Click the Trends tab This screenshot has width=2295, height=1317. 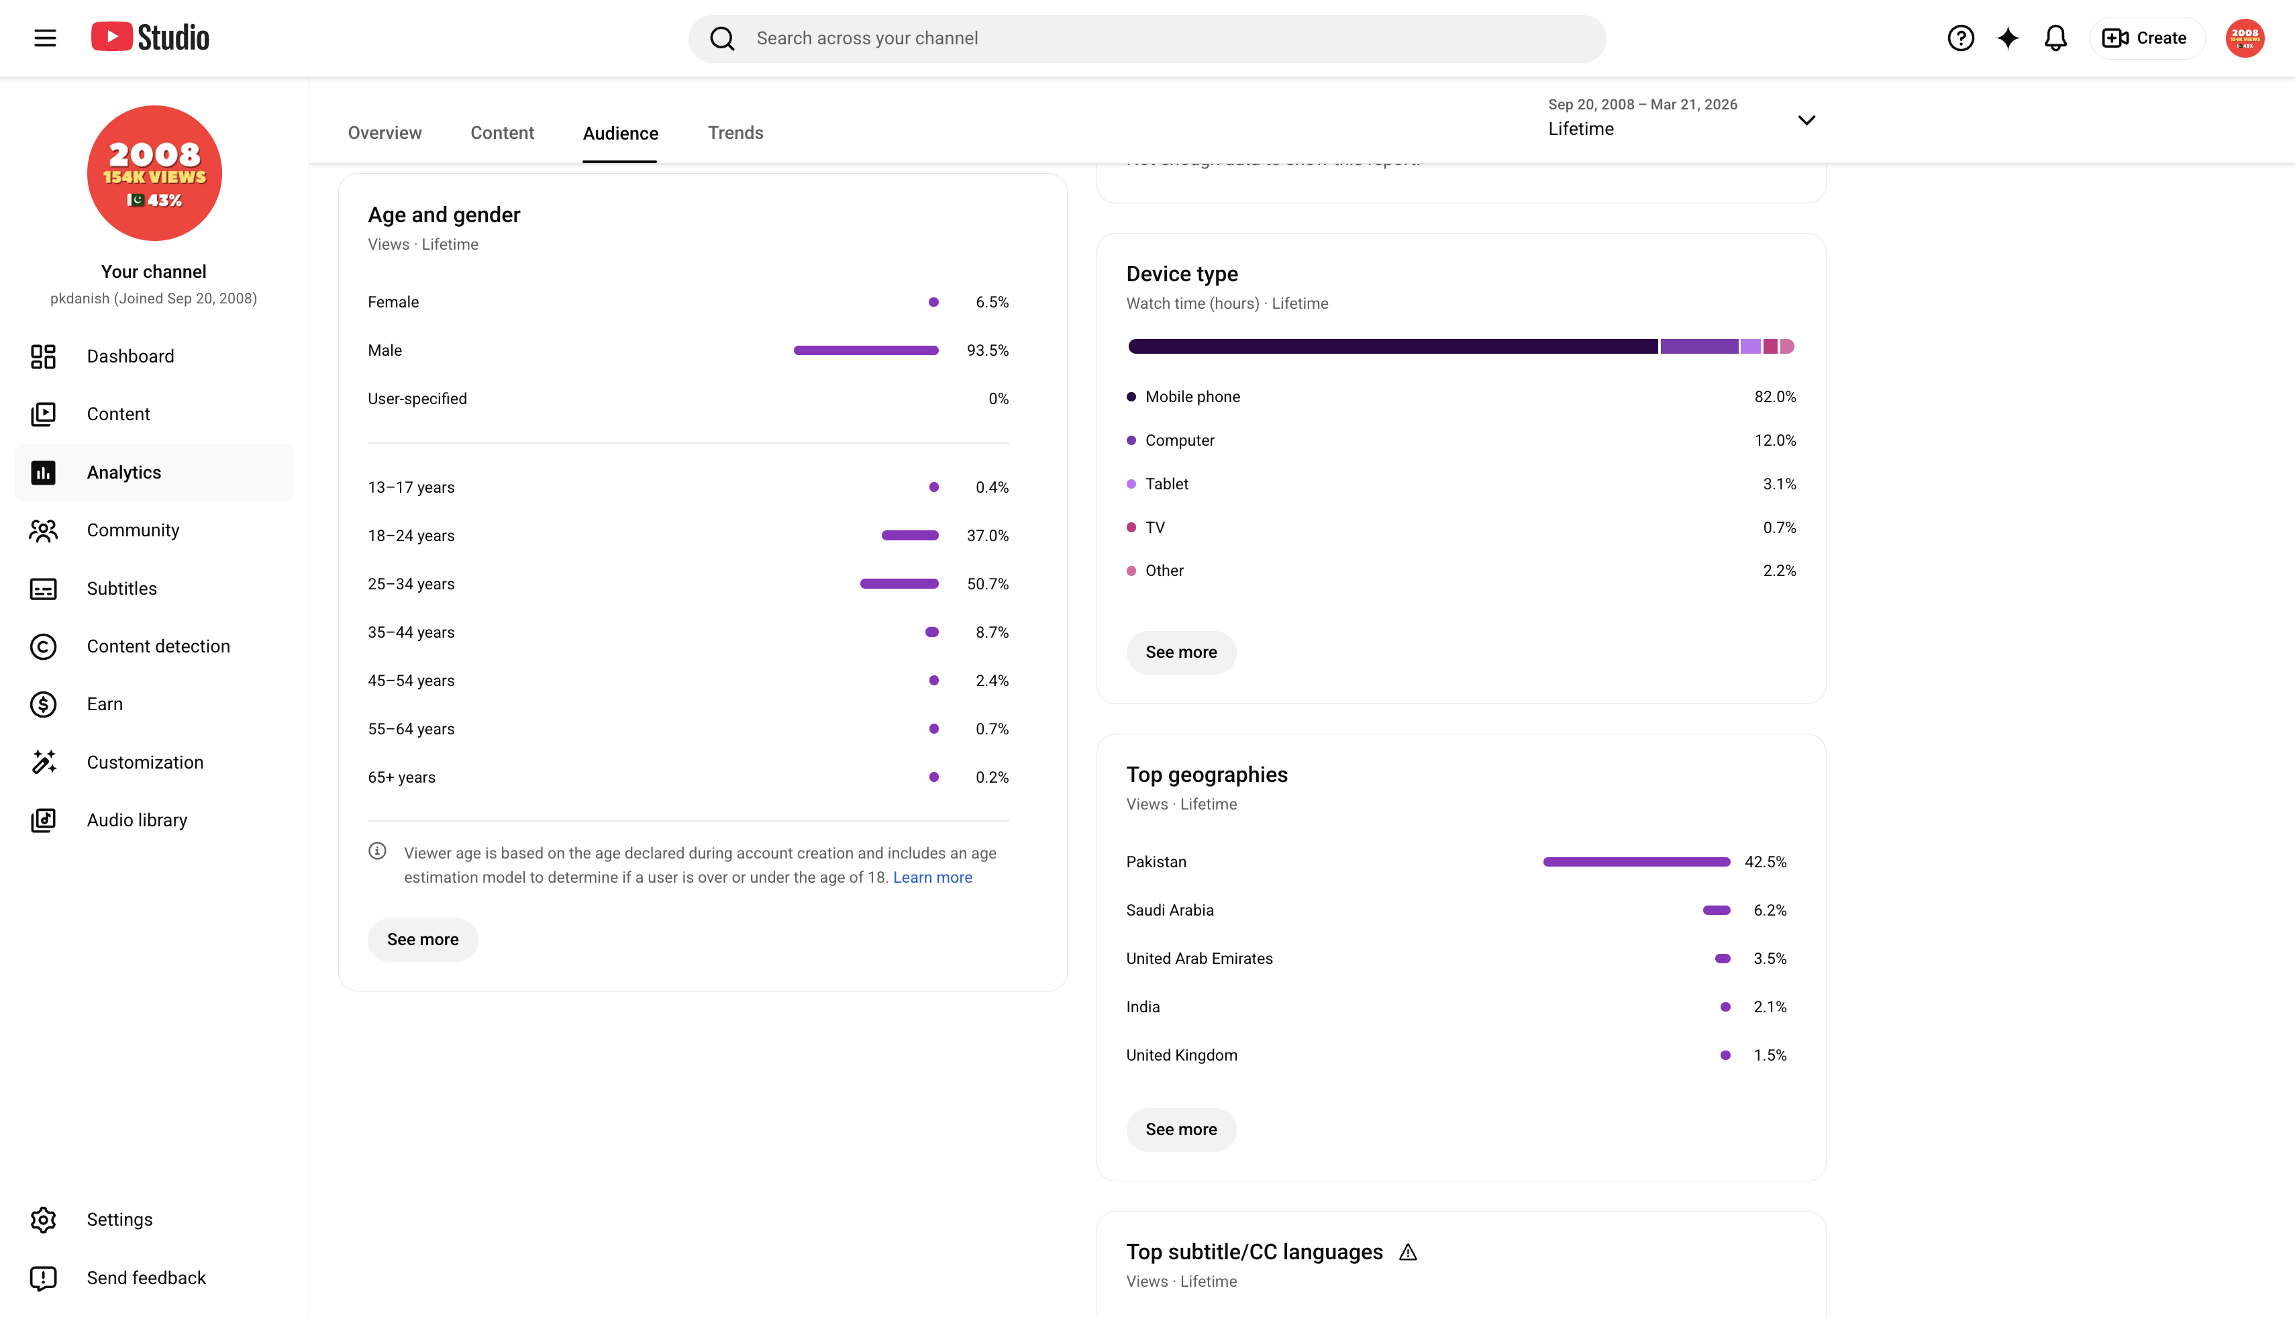pyautogui.click(x=735, y=133)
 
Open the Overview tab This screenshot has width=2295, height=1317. pyautogui.click(x=385, y=133)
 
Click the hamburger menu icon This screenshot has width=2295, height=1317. pyautogui.click(x=45, y=38)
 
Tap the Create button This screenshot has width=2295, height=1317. pyautogui.click(x=2147, y=38)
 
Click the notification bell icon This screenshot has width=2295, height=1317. pyautogui.click(x=2055, y=38)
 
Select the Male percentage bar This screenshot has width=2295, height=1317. pyautogui.click(x=866, y=350)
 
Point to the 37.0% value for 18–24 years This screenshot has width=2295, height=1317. pyautogui.click(x=987, y=536)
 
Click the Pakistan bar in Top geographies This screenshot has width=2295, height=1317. pyautogui.click(x=1636, y=862)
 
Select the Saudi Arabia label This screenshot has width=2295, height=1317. pyautogui.click(x=1169, y=910)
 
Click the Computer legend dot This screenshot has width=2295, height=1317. pyautogui.click(x=1130, y=440)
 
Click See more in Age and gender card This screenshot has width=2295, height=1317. pyautogui.click(x=422, y=940)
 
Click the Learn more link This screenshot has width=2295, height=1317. pyautogui.click(x=932, y=877)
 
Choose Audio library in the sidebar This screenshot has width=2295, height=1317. pyautogui.click(x=136, y=820)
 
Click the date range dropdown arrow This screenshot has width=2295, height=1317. pyautogui.click(x=1806, y=120)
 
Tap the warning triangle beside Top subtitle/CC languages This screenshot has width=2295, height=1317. pyautogui.click(x=1408, y=1252)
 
